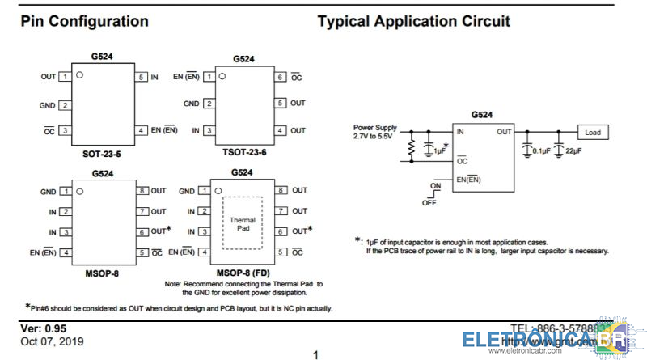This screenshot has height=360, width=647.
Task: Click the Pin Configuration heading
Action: [x=84, y=22]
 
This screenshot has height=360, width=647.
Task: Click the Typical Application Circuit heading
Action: [x=413, y=22]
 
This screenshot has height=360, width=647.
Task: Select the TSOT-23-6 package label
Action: [x=243, y=153]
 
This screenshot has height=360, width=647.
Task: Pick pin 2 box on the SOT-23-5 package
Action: [x=64, y=105]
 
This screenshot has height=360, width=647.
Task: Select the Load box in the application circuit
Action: [x=592, y=132]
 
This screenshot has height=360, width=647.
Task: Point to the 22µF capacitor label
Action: [x=574, y=150]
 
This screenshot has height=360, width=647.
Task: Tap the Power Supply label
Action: [x=375, y=127]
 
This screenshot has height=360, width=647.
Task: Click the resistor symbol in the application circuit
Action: [x=412, y=148]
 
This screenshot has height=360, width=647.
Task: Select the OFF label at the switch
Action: [x=429, y=202]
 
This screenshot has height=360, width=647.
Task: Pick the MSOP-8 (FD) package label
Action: [x=243, y=273]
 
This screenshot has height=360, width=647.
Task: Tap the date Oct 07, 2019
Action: [x=52, y=341]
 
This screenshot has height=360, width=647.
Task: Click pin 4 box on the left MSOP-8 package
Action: [x=64, y=253]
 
